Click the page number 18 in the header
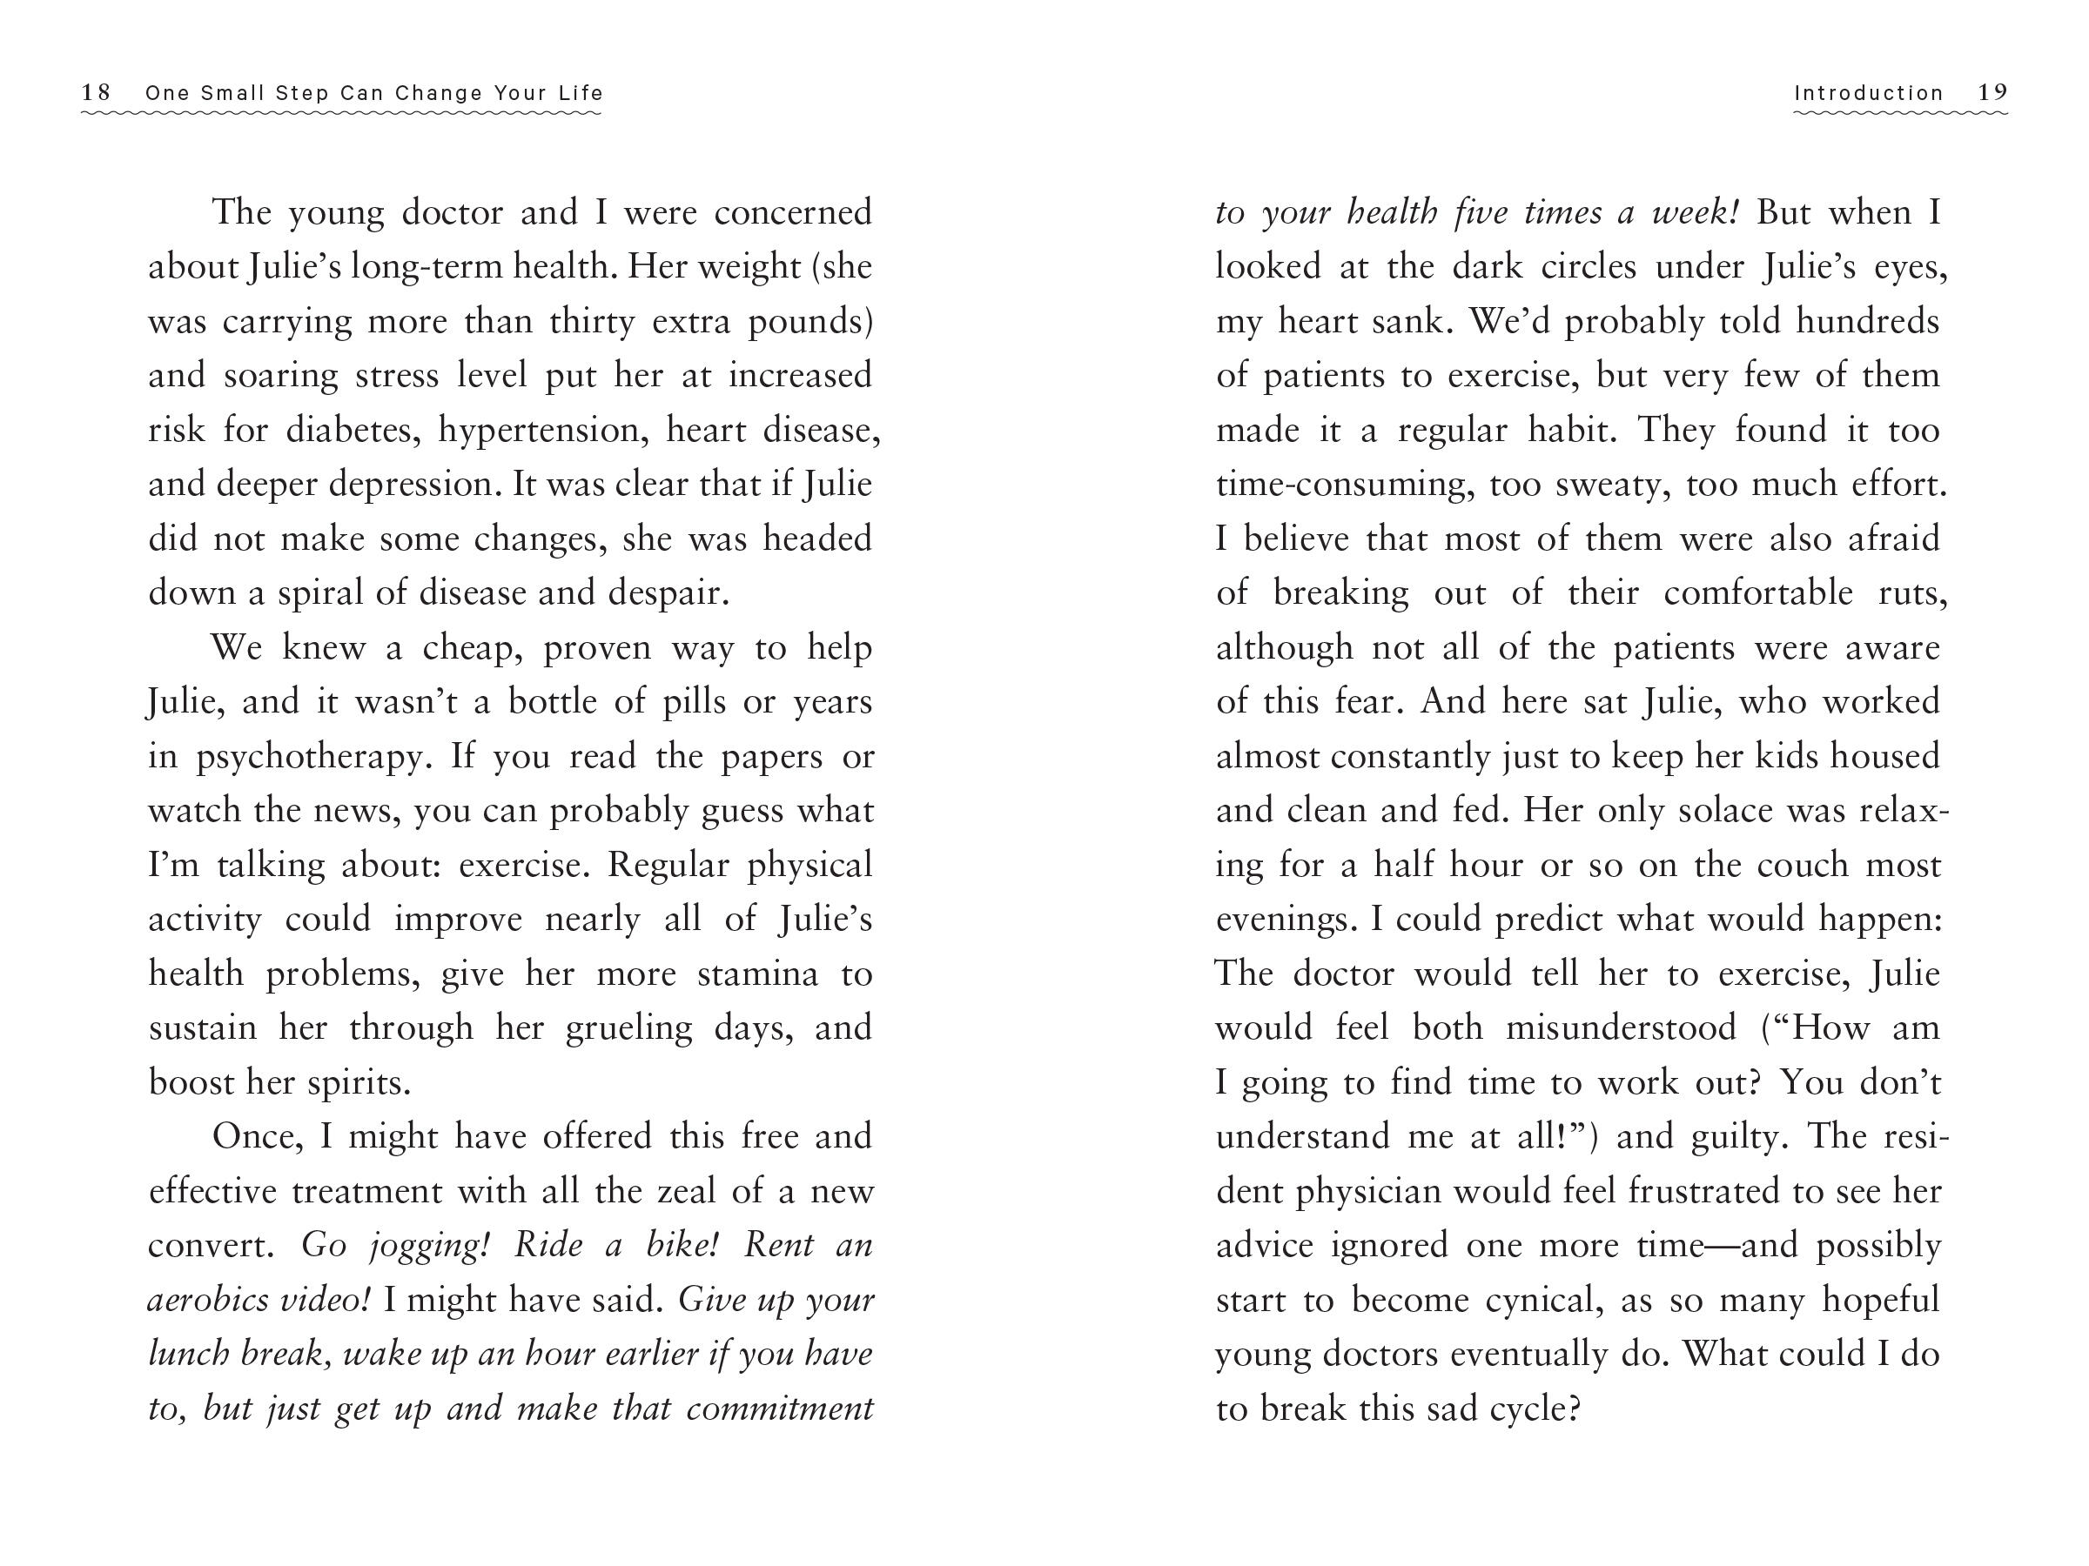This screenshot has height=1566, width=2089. [x=96, y=92]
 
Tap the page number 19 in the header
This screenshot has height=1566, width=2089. [x=1992, y=92]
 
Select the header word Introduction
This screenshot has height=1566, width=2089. [x=1868, y=93]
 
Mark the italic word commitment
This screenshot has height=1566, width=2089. [x=779, y=1409]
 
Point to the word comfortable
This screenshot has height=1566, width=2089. [x=1757, y=593]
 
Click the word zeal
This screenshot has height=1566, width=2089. [x=680, y=1192]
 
